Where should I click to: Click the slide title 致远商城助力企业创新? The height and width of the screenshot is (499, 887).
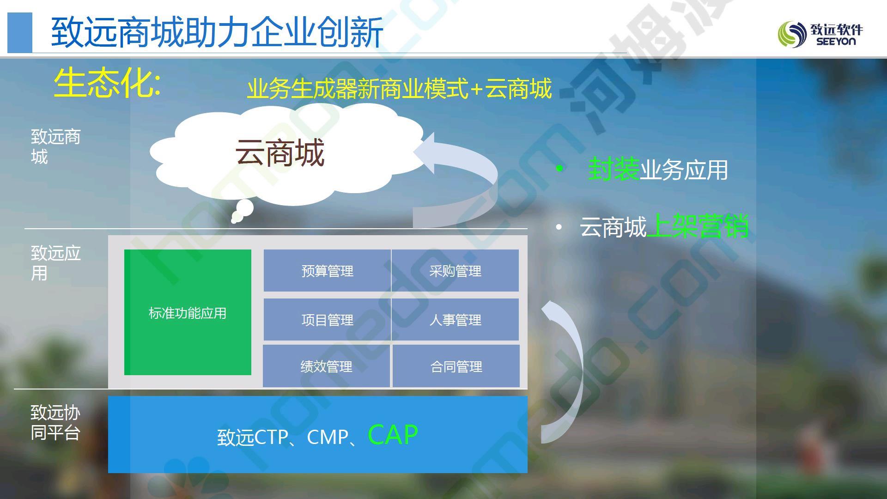coord(217,32)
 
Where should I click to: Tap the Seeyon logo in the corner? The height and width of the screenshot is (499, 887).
coord(820,34)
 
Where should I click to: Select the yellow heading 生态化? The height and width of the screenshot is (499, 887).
coord(108,83)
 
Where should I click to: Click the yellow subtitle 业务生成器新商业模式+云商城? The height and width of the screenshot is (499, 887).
coord(399,88)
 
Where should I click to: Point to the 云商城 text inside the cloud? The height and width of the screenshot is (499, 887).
coord(280,153)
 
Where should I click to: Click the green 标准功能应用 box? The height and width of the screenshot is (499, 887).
coord(188,312)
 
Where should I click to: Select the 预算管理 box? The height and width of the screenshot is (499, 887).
coord(327,271)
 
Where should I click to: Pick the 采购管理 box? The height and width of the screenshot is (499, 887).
coord(455,271)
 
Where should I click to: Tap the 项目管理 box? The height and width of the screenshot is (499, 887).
coord(327,320)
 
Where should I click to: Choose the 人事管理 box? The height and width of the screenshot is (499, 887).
coord(455,320)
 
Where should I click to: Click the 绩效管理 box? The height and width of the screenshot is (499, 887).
coord(326,366)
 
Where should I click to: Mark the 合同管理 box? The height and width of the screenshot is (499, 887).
coord(456,366)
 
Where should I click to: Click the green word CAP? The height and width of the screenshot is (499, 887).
coord(393,435)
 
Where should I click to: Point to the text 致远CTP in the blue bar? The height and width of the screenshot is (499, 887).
coord(253,437)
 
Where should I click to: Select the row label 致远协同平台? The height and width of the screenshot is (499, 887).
coord(55,423)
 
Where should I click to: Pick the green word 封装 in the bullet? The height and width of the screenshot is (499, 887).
coord(614,169)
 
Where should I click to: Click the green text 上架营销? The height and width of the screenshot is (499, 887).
coord(698,226)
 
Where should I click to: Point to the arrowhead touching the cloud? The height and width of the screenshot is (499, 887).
coord(424,153)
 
